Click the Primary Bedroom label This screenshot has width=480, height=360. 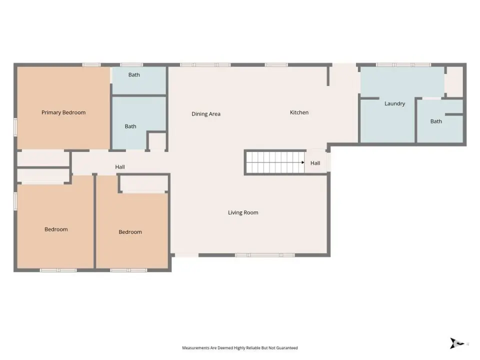click(x=63, y=112)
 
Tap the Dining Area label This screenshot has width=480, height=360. click(x=206, y=114)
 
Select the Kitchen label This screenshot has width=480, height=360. click(x=299, y=112)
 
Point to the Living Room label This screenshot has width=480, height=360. click(x=243, y=212)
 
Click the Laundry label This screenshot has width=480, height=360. click(x=394, y=103)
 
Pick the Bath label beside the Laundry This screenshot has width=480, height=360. click(x=436, y=121)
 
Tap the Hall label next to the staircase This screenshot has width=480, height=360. click(x=315, y=163)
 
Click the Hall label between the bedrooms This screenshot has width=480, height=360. click(x=120, y=167)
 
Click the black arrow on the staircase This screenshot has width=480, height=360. click(x=303, y=162)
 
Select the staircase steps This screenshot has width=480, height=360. click(x=275, y=162)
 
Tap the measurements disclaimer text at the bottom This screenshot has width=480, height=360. click(x=240, y=348)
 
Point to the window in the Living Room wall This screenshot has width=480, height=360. click(x=265, y=255)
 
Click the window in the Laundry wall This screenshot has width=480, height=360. click(x=403, y=65)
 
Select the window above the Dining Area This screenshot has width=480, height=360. click(x=205, y=65)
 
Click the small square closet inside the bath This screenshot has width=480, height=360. click(x=157, y=141)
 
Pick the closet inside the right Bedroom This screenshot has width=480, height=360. click(x=143, y=183)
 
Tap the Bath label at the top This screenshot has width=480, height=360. click(x=134, y=74)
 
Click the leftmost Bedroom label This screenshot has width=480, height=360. click(x=56, y=229)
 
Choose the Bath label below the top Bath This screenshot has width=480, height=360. click(x=130, y=126)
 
